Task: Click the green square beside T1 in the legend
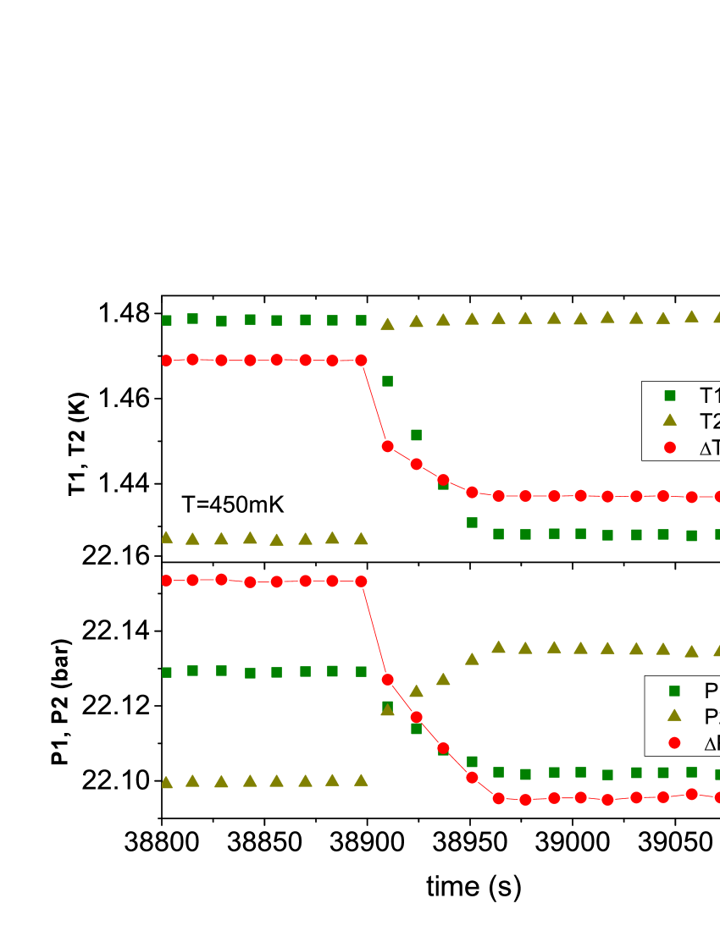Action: [x=670, y=395]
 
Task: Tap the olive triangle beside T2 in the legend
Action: [x=670, y=420]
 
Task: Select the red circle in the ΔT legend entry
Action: [x=670, y=447]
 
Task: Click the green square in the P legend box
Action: [x=674, y=691]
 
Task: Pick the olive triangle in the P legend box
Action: [x=674, y=715]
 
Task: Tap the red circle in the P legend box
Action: [x=674, y=742]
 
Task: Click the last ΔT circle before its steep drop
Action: [x=361, y=360]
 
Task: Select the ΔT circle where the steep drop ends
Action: [x=387, y=446]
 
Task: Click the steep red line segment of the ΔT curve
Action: [x=374, y=403]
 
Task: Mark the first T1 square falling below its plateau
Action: [x=387, y=381]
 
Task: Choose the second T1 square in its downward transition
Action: [x=416, y=434]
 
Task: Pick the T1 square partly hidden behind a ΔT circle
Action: [x=443, y=484]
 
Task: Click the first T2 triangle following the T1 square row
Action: [x=387, y=323]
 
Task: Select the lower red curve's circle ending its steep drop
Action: [x=387, y=679]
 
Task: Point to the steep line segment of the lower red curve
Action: [x=374, y=630]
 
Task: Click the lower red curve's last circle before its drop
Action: [x=361, y=581]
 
